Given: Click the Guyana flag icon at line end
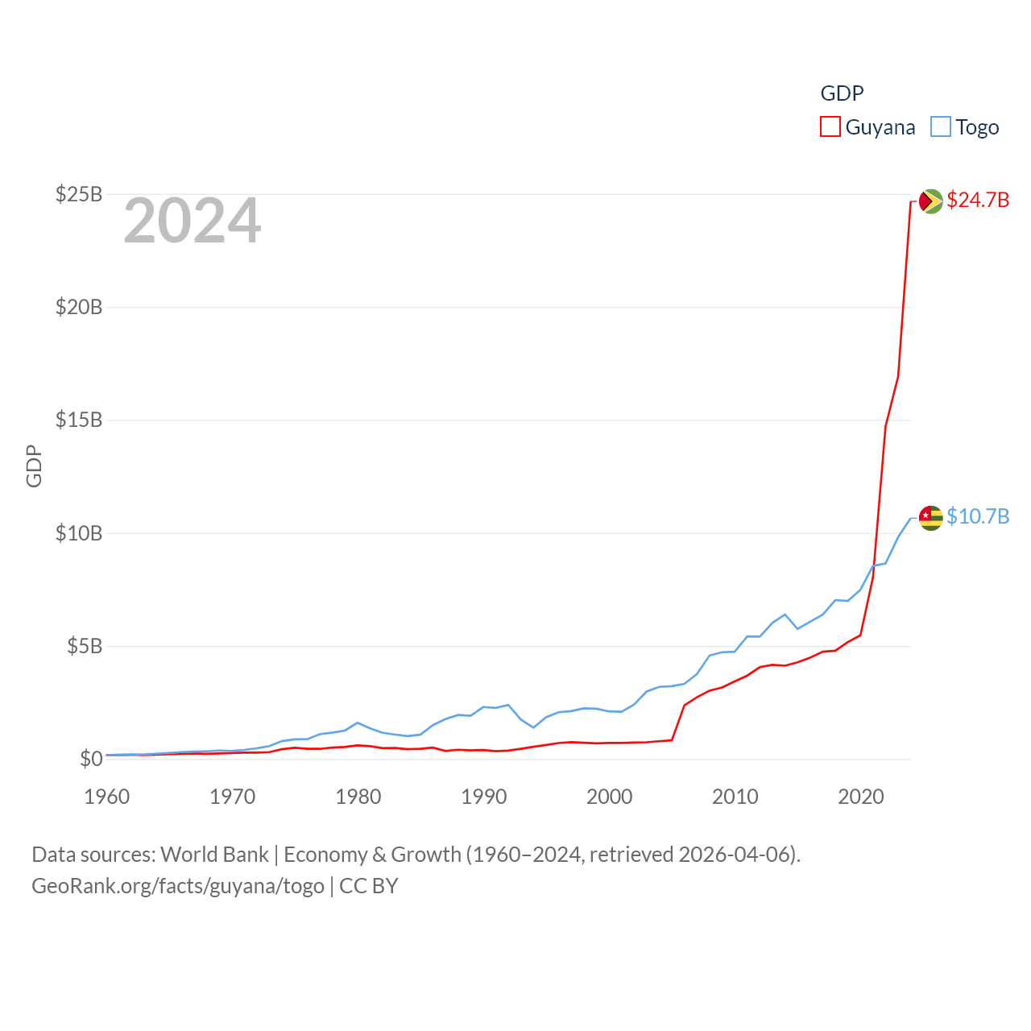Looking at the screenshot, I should click(930, 201).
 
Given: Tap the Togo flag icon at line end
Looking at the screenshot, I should click(930, 518).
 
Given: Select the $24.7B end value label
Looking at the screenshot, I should click(978, 200).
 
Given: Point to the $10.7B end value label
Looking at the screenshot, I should click(978, 516).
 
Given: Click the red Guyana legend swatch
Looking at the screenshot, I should click(830, 127).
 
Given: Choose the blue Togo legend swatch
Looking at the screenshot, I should click(941, 127).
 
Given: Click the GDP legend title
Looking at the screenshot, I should click(842, 93).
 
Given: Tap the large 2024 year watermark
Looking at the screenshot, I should click(192, 221).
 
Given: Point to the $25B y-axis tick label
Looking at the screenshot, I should click(79, 194).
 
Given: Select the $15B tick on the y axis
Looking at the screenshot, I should click(79, 420).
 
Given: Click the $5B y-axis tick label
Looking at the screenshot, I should click(85, 646).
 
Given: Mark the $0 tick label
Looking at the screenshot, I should click(91, 759).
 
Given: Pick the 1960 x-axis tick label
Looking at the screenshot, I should click(107, 797).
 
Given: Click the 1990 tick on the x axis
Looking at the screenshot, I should click(484, 797).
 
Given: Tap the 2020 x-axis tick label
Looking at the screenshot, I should click(861, 797).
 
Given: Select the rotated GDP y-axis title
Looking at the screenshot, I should click(34, 466).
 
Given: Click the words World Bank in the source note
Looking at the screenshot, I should click(214, 854).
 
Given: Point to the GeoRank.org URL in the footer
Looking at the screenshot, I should click(177, 886).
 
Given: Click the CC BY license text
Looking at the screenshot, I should click(369, 886).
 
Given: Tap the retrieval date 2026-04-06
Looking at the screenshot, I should click(736, 854).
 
